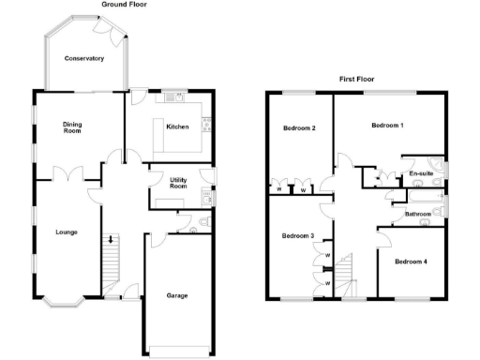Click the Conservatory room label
pos(83,59)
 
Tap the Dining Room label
pos(72,127)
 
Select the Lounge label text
pos(66,232)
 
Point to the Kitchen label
pos(178,126)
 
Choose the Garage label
pos(177,295)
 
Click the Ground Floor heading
pos(124,5)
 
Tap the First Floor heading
pos(357,80)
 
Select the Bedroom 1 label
pos(387,125)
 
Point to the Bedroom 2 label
pos(298,127)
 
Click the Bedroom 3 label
pos(297,235)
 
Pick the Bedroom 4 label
pos(411,261)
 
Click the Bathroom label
pos(418,215)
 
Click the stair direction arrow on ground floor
pos(111,240)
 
